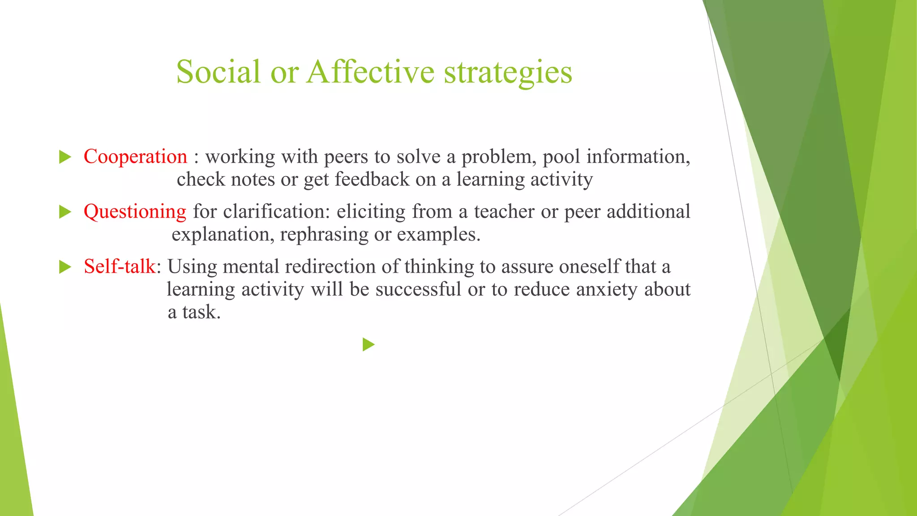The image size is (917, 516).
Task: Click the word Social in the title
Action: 218,72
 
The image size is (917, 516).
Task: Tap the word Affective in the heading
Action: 370,72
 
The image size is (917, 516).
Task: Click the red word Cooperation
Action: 135,157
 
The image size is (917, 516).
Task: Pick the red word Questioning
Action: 135,212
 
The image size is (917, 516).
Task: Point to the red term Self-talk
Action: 120,267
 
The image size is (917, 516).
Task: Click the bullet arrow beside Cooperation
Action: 65,157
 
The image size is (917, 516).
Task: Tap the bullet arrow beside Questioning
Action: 65,212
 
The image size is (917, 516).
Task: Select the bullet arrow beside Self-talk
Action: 65,267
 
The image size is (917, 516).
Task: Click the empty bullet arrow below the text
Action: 369,344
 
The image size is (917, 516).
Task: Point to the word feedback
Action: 372,179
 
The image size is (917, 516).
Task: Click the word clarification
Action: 276,211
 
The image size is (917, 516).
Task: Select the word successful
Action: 418,289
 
